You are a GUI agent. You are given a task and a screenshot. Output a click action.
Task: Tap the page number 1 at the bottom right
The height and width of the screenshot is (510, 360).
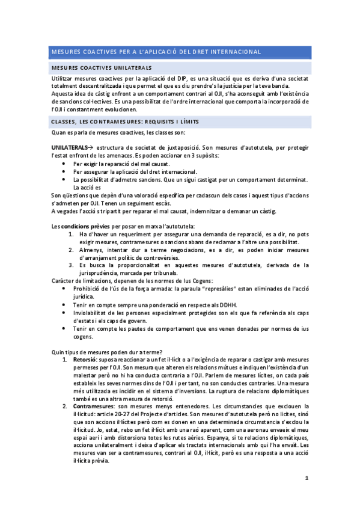(x=307, y=478)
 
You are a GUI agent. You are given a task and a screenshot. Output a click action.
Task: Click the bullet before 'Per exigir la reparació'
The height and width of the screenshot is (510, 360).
(x=64, y=164)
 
